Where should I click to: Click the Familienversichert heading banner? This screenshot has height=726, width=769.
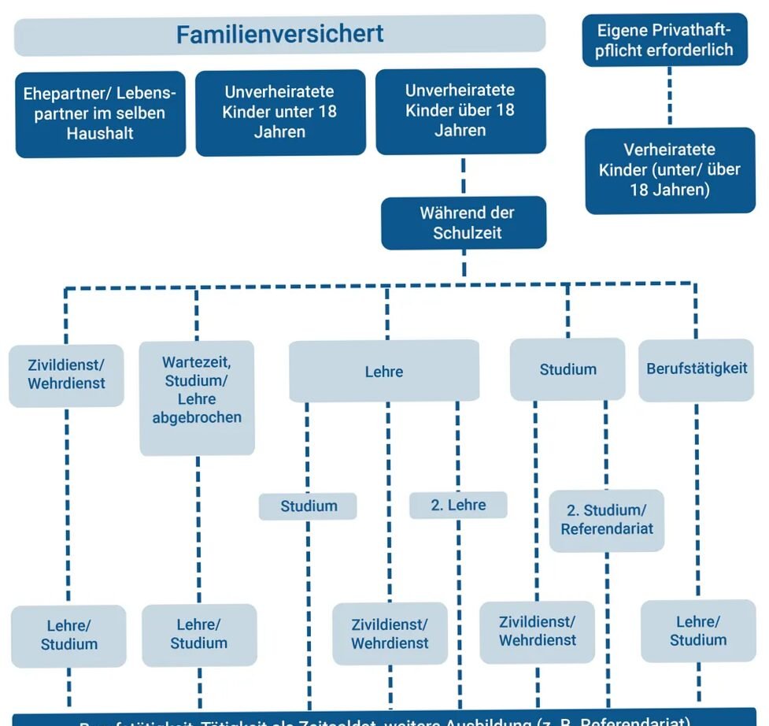(279, 35)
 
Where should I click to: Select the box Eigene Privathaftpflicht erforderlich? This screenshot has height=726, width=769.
(664, 40)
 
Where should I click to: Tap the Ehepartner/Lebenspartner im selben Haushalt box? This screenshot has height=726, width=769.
(100, 113)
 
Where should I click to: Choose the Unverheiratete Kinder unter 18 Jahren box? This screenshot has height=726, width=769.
(279, 112)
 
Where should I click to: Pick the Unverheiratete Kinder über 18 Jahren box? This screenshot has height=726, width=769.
(460, 110)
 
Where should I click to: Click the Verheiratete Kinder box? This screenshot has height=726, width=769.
(669, 170)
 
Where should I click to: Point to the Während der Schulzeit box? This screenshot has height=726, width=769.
(464, 223)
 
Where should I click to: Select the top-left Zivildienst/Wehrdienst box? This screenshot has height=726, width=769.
(66, 375)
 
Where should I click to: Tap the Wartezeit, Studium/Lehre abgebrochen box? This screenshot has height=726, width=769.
(197, 398)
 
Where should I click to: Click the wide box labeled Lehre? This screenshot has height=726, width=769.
(384, 371)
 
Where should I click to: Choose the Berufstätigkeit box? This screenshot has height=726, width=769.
(697, 369)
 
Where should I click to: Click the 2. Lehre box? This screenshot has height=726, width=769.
(458, 506)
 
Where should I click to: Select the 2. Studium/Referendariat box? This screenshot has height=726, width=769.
(607, 520)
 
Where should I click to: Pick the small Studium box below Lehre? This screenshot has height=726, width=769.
(308, 506)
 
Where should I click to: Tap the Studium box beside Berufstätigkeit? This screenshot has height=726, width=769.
(568, 369)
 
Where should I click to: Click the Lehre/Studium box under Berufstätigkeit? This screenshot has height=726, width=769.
(698, 631)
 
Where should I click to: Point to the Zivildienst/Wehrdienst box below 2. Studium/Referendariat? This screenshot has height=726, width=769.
(538, 632)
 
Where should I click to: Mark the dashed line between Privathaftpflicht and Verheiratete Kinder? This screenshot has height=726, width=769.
(670, 97)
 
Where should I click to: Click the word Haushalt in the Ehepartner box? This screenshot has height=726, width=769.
(100, 133)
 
